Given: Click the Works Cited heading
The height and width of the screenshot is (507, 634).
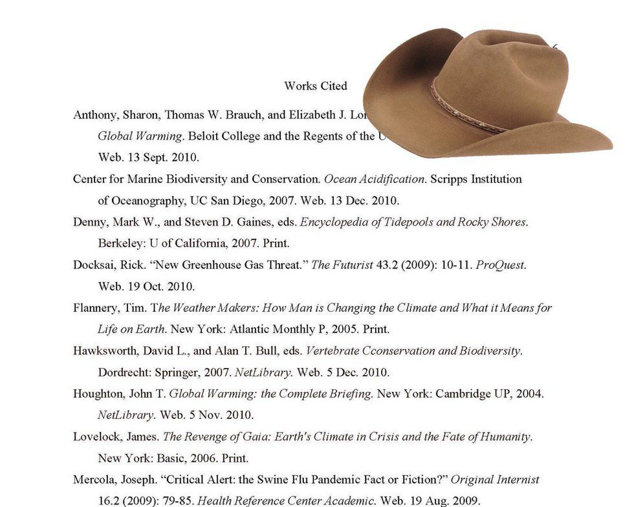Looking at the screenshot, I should [315, 86].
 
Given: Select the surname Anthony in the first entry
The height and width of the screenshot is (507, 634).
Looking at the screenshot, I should [94, 115].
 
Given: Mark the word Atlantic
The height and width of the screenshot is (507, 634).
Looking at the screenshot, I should [248, 329].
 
